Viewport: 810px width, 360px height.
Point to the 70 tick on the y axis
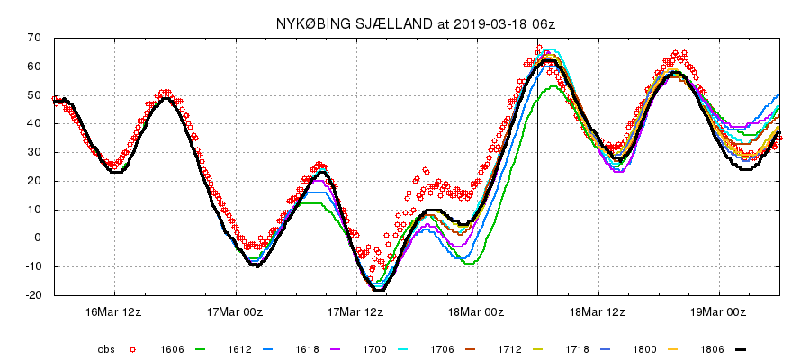(36, 38)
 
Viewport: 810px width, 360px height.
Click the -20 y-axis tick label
(33, 295)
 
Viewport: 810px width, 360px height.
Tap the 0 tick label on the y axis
(39, 238)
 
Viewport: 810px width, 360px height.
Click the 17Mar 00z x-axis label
(235, 311)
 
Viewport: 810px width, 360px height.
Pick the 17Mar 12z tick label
(356, 311)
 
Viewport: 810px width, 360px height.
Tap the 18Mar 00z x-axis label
(477, 311)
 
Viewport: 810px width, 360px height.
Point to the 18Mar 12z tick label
(598, 311)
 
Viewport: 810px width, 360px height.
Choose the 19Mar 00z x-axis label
(719, 311)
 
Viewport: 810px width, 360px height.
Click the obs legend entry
(107, 348)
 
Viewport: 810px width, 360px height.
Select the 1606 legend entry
(173, 348)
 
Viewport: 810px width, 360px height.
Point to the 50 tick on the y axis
(36, 94)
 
